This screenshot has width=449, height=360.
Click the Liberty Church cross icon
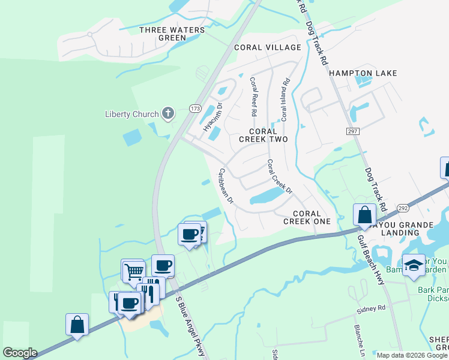pos(169,113)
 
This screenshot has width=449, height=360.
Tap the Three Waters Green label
pos(163,34)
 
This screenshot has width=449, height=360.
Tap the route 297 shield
pos(352,131)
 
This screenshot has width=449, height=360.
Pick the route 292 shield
pos(402,208)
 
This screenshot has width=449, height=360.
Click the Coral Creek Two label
pos(264,135)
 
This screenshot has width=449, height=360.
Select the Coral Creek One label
pos(312,217)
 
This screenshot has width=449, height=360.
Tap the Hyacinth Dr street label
pos(213,116)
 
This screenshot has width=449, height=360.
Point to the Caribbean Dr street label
pos(225,185)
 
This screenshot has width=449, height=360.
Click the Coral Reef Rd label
pos(253,96)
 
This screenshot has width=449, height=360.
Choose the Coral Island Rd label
pos(285,99)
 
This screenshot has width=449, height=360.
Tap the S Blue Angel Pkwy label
pos(191,326)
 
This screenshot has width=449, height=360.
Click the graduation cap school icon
pos(414,265)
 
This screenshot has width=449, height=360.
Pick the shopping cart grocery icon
pos(132,271)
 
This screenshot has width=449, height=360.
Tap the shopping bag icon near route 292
pos(364,214)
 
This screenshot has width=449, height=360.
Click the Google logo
pos(20,353)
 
